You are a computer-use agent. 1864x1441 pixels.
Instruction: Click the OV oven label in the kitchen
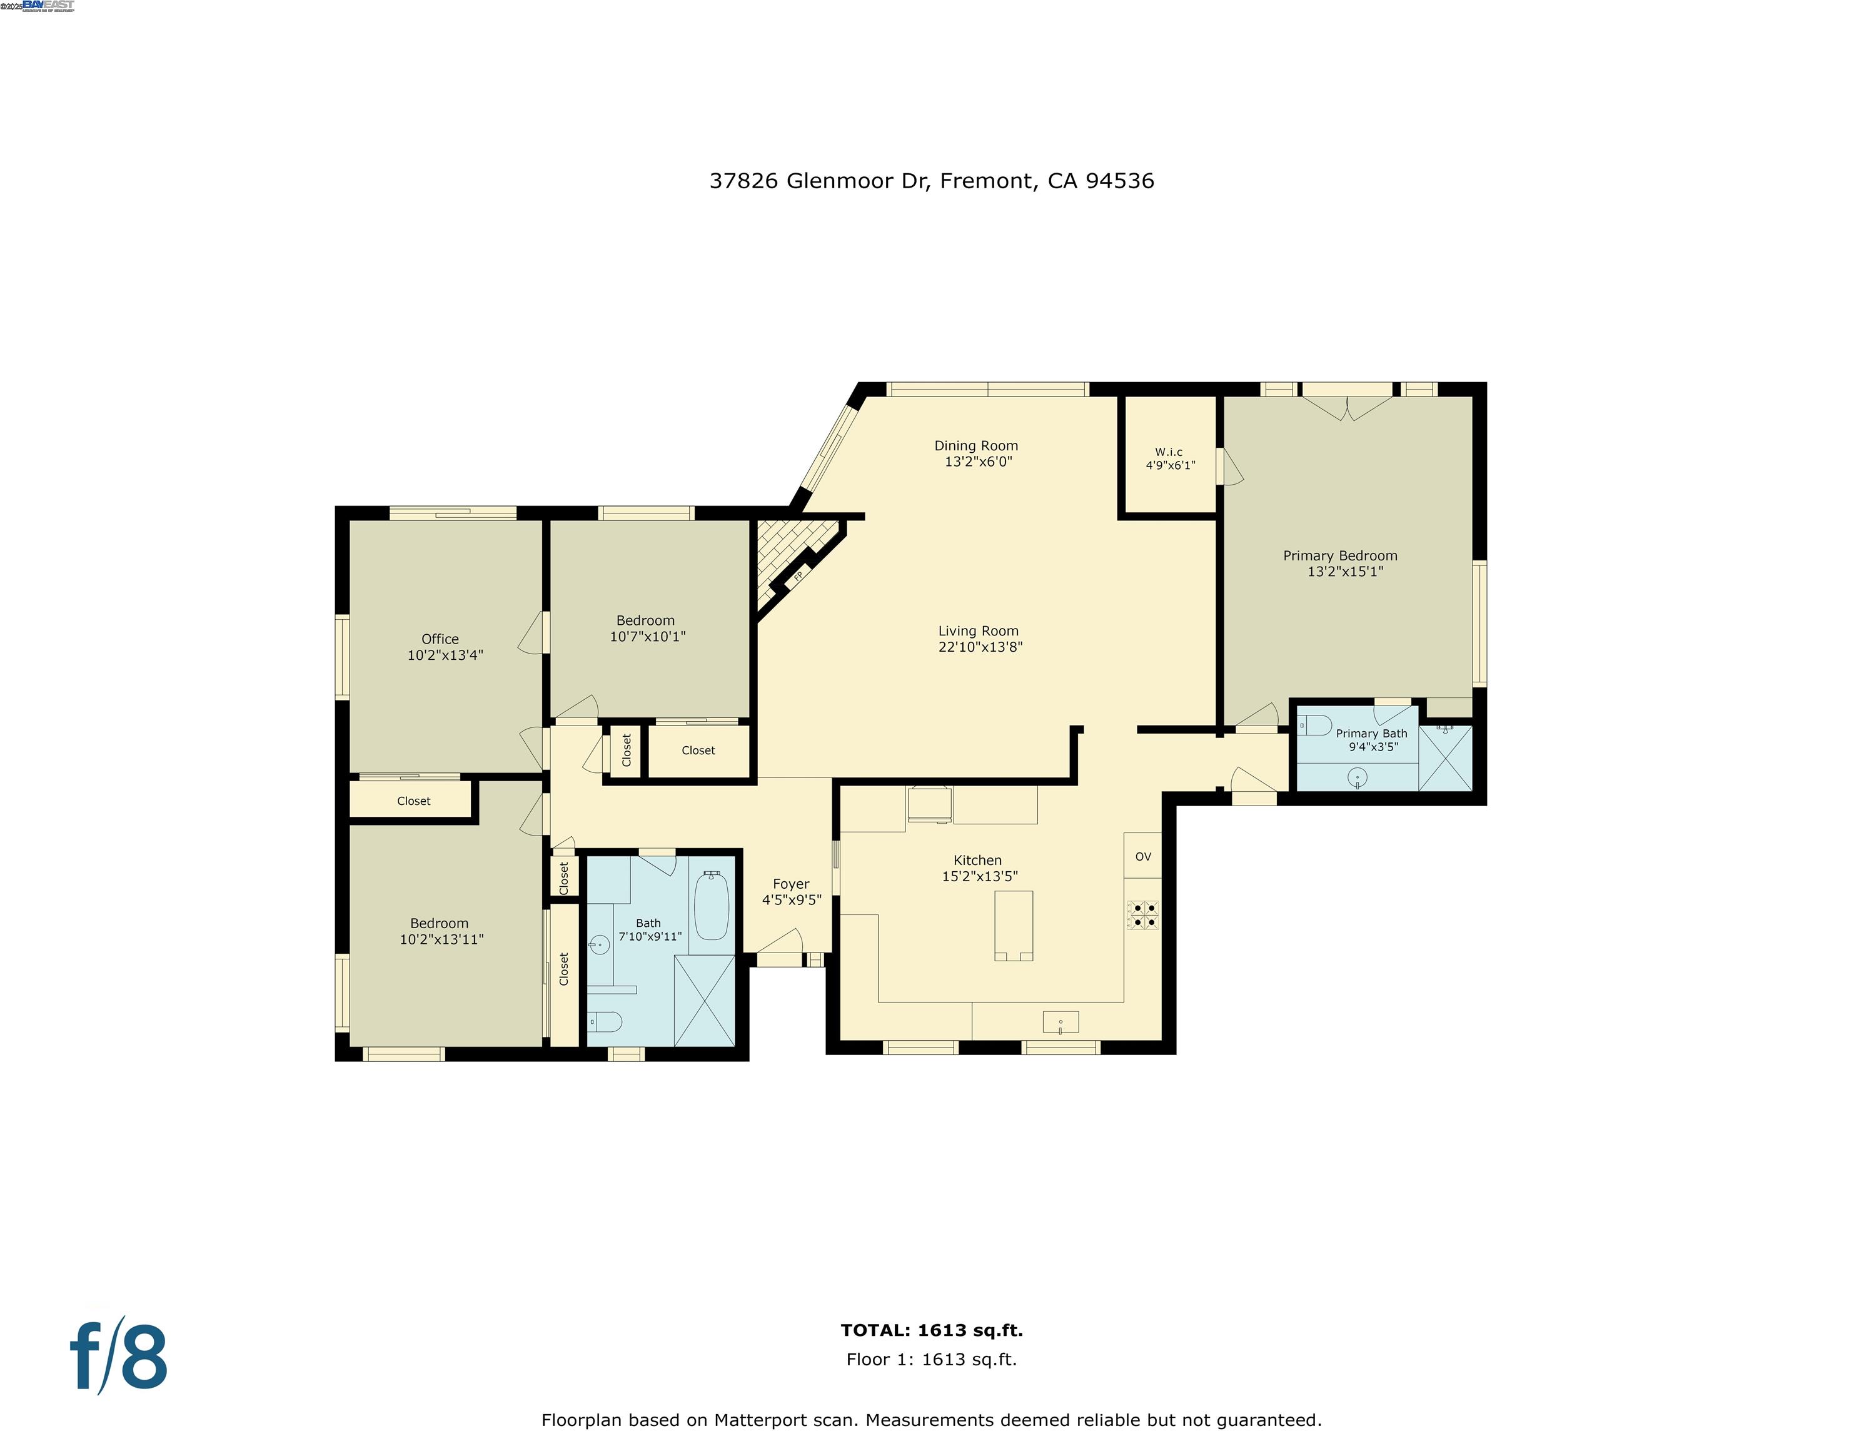[1143, 856]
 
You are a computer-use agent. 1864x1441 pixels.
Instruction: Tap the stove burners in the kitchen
[1143, 914]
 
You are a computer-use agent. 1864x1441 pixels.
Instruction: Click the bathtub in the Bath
[711, 906]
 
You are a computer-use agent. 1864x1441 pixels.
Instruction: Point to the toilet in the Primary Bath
[1314, 726]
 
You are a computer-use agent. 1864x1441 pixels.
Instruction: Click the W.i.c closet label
[1169, 452]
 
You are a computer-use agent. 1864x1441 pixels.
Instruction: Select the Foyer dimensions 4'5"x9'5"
[791, 900]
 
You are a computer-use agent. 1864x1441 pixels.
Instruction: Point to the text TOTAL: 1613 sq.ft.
[931, 1330]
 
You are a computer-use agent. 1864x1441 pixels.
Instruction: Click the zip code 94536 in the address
[1120, 181]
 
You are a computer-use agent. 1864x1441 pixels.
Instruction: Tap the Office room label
[440, 639]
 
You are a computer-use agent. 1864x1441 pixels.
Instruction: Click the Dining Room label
[975, 445]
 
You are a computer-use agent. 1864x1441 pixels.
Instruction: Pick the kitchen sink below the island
[1060, 1022]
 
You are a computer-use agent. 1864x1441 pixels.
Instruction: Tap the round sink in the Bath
[600, 945]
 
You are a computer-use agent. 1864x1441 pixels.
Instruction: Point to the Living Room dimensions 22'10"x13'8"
[980, 647]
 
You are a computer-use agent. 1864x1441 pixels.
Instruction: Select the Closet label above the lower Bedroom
[413, 801]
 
